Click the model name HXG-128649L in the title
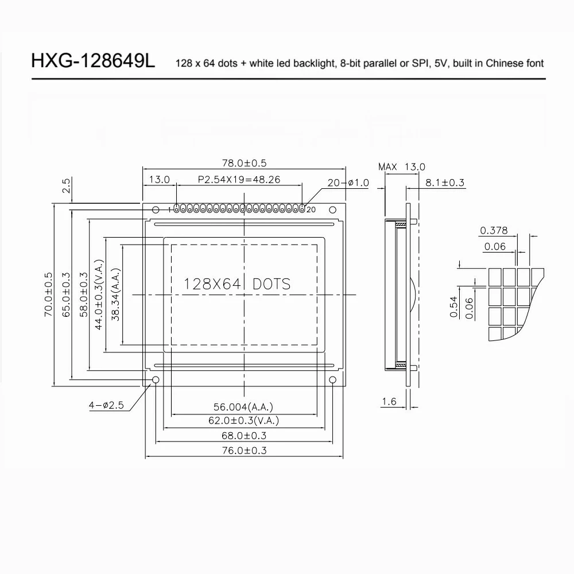[93, 61]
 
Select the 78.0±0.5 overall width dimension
[244, 163]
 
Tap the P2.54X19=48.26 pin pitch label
[239, 180]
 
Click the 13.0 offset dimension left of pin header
[159, 180]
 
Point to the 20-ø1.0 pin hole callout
[347, 183]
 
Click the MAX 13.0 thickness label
[402, 166]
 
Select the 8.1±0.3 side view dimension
[445, 183]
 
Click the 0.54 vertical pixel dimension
[453, 306]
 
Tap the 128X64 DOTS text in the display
[236, 284]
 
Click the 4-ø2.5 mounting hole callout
[106, 405]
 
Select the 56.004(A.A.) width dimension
[243, 407]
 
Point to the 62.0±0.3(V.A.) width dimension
[243, 421]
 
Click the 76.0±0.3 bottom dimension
[243, 451]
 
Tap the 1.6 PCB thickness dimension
[389, 402]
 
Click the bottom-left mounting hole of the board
[155, 380]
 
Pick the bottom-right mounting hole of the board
[333, 380]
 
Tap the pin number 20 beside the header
[311, 210]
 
